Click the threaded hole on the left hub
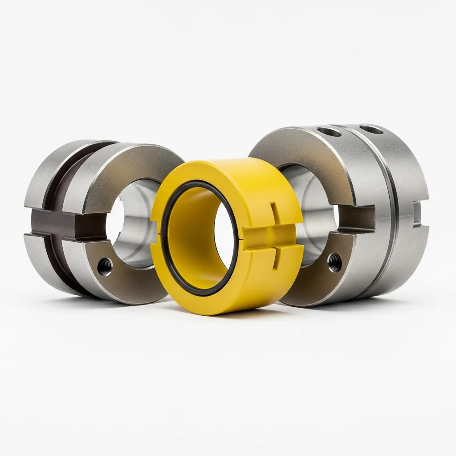(x=105, y=266)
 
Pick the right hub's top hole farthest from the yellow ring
(x=371, y=130)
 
